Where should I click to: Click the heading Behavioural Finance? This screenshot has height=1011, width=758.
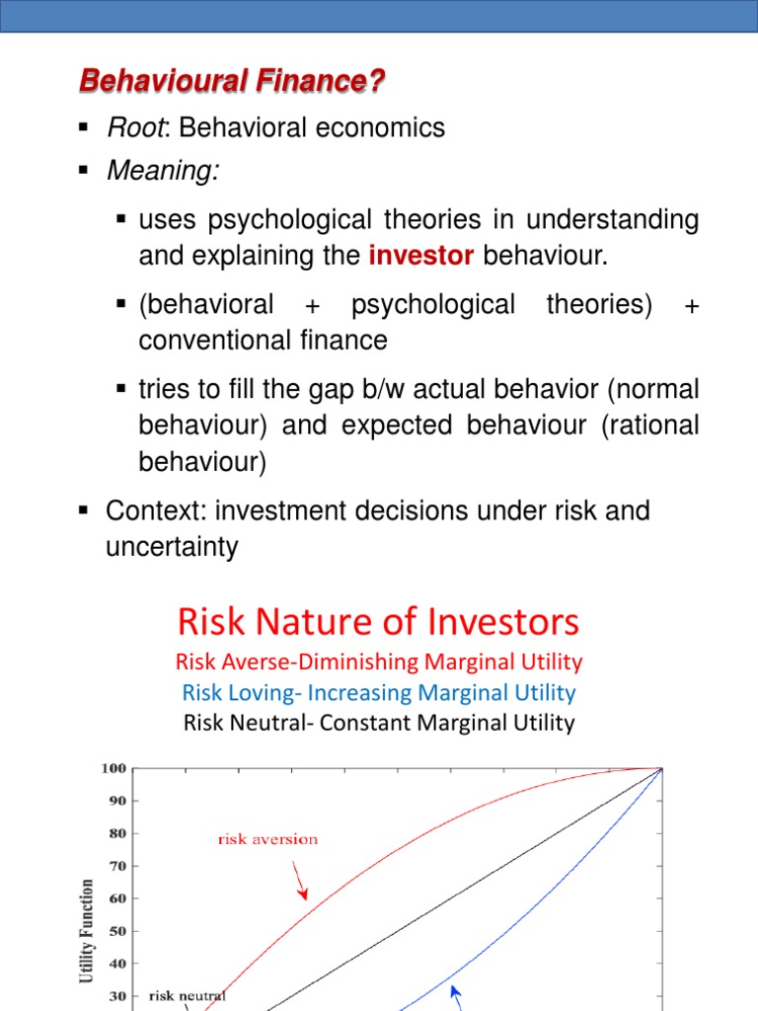point(231,81)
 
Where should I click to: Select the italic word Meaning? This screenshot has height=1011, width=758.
point(163,172)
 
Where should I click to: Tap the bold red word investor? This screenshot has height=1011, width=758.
point(421,257)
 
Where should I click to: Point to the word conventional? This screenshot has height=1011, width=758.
point(205,341)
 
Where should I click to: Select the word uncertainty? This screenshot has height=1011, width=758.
point(172,547)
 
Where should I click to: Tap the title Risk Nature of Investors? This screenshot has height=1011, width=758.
point(379,622)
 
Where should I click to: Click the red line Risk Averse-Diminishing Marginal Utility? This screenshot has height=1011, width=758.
point(379,661)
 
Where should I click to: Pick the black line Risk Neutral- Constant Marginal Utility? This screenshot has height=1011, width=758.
point(379,723)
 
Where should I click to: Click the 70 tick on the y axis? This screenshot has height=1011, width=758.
point(116,866)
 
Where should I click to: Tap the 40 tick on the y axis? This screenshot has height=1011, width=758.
point(116,964)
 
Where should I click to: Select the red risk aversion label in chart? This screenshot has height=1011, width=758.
point(267,839)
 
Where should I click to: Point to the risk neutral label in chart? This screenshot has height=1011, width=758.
point(188,995)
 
